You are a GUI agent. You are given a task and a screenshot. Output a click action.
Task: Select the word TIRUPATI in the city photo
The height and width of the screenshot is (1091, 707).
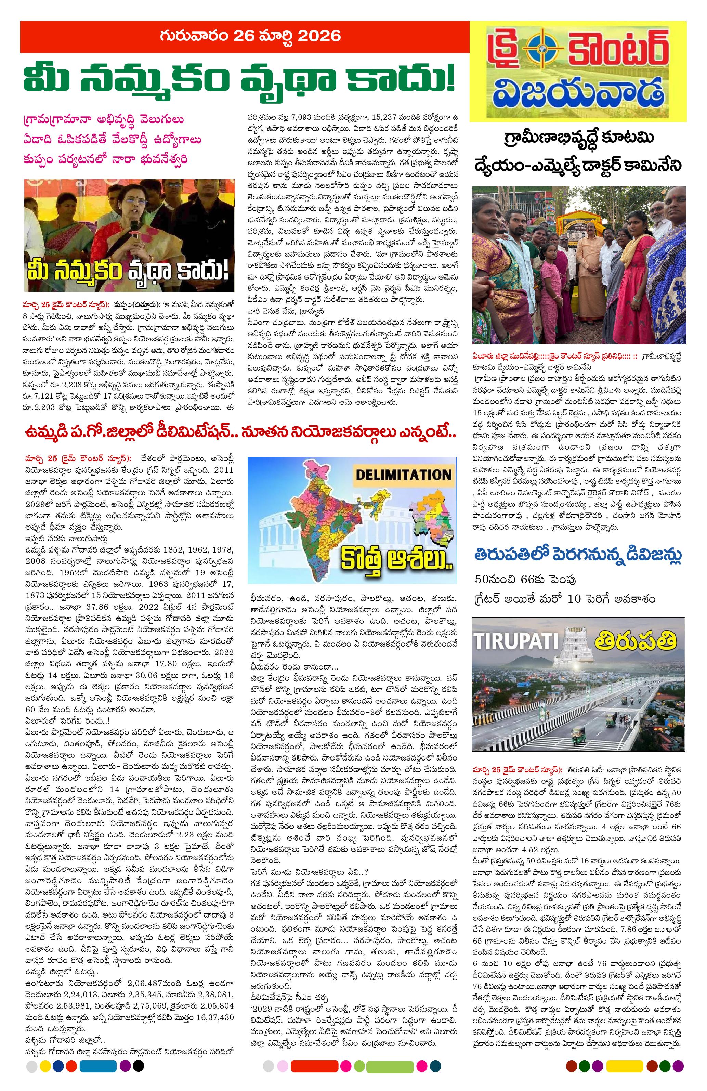[516, 640]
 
